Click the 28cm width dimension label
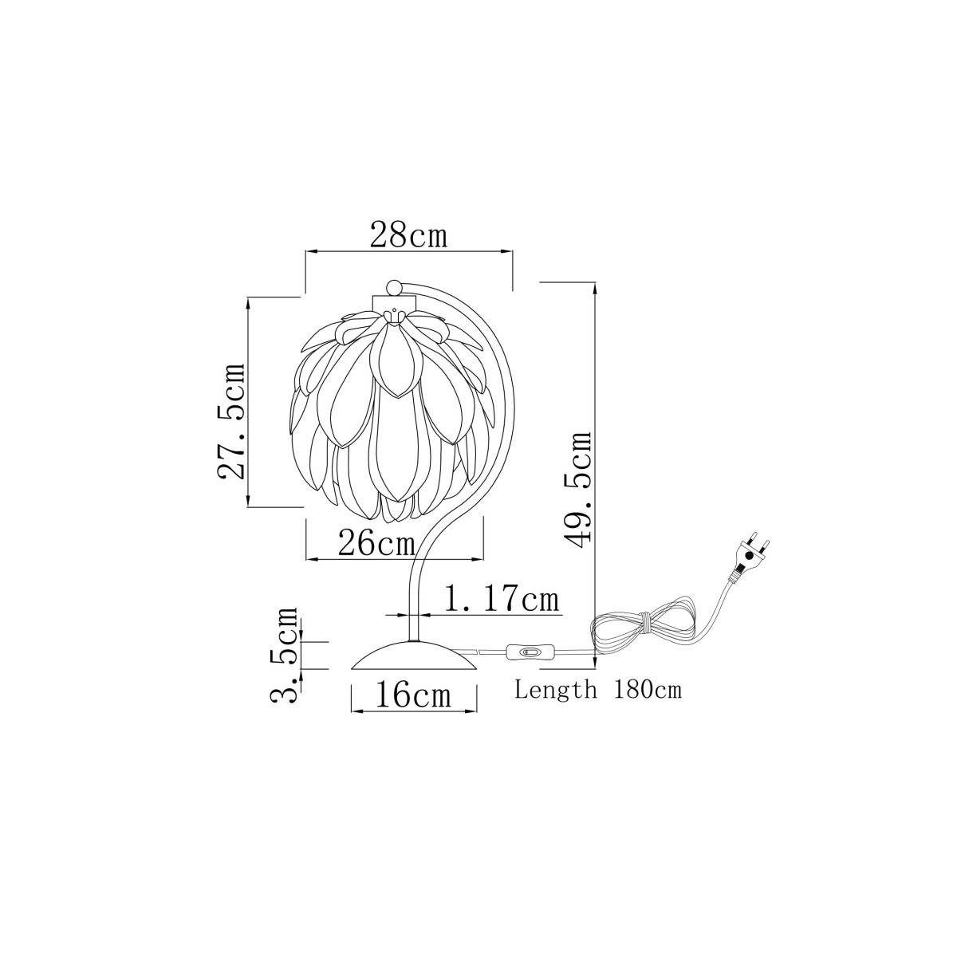pos(409,237)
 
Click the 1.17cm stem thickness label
pos(500,600)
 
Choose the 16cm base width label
pos(412,695)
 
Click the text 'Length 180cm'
pos(598,690)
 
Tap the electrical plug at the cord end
pos(748,557)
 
